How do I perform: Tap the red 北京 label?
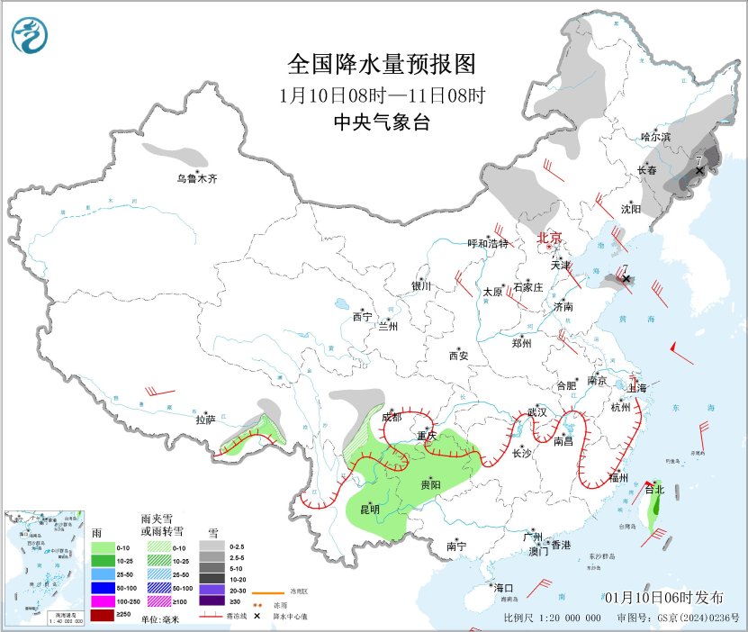click(x=549, y=239)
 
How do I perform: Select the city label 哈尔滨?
click(x=655, y=137)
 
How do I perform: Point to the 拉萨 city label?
click(x=206, y=420)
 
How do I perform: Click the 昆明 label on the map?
click(x=369, y=510)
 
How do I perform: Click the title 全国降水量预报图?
click(x=381, y=65)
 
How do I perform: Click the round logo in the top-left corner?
click(x=31, y=34)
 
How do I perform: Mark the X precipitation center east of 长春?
click(x=699, y=169)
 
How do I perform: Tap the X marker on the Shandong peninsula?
click(x=626, y=279)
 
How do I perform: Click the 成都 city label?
click(x=391, y=417)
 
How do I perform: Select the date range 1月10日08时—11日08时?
click(x=381, y=95)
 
